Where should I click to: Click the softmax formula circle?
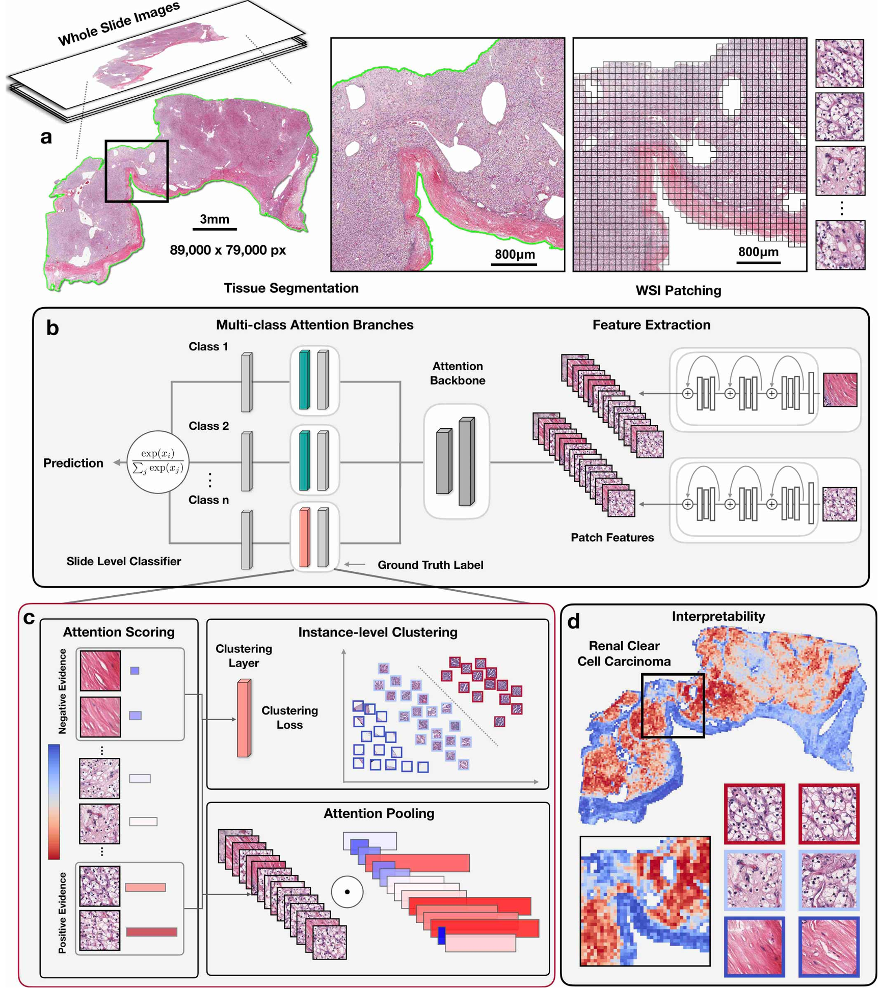(157, 461)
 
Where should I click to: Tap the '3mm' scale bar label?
(214, 219)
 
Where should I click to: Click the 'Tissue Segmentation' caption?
(291, 288)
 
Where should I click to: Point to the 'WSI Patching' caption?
(678, 290)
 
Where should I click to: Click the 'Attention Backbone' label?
(457, 373)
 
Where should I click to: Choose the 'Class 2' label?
(208, 426)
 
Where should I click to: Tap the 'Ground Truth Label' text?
(430, 564)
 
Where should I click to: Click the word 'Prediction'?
(73, 462)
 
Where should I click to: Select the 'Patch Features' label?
(611, 537)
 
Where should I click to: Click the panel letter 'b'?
(52, 328)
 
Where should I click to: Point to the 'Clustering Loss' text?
(289, 717)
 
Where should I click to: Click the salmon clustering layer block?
(244, 718)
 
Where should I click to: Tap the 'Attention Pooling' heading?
(379, 813)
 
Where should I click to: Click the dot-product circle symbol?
(347, 892)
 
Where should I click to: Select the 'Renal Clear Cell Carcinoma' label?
(624, 653)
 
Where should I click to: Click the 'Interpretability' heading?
(718, 616)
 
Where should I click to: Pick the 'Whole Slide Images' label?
(119, 23)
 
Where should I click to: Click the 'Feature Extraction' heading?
(651, 325)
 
